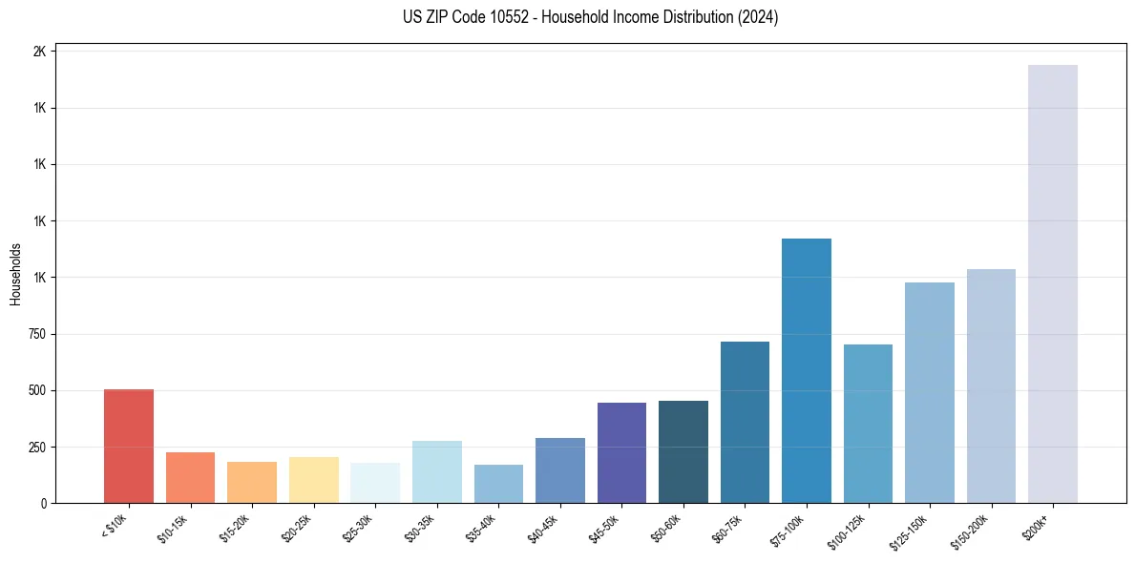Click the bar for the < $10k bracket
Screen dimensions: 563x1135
click(129, 447)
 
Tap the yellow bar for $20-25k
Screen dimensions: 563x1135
click(313, 480)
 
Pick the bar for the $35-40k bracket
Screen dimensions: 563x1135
click(498, 484)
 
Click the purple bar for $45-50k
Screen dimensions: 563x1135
click(621, 453)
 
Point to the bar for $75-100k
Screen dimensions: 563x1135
click(807, 371)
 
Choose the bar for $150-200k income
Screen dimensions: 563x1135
click(991, 386)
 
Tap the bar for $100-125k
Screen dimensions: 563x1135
click(868, 424)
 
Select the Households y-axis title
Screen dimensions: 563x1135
click(15, 274)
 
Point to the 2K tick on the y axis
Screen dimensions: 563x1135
click(39, 52)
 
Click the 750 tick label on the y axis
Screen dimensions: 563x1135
click(36, 334)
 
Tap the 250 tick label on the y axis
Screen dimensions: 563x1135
click(36, 448)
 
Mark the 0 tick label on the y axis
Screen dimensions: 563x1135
click(43, 504)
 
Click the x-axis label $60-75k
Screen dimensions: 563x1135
click(727, 527)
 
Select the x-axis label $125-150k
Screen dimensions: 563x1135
click(910, 530)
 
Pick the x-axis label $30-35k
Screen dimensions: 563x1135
click(420, 527)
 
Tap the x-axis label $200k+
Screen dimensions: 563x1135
click(1038, 525)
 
